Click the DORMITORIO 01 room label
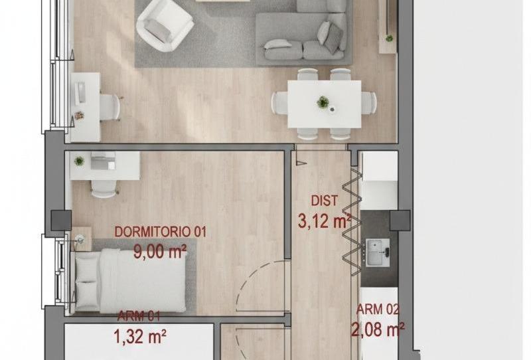pyautogui.click(x=160, y=232)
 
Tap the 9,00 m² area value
pyautogui.click(x=160, y=252)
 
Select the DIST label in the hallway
pyautogui.click(x=325, y=201)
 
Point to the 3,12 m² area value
pyautogui.click(x=324, y=221)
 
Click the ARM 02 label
pyautogui.click(x=378, y=310)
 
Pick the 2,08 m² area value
pyautogui.click(x=378, y=329)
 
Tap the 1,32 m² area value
pyautogui.click(x=140, y=337)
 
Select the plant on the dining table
pyautogui.click(x=323, y=102)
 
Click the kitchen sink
pyautogui.click(x=377, y=252)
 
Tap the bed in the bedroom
pyautogui.click(x=130, y=281)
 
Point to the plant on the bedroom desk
pyautogui.click(x=79, y=161)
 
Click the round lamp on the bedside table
pyautogui.click(x=80, y=240)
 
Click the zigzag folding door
pyautogui.click(x=352, y=221)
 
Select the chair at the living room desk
pyautogui.click(x=110, y=107)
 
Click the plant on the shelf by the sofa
pyautogui.click(x=389, y=39)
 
